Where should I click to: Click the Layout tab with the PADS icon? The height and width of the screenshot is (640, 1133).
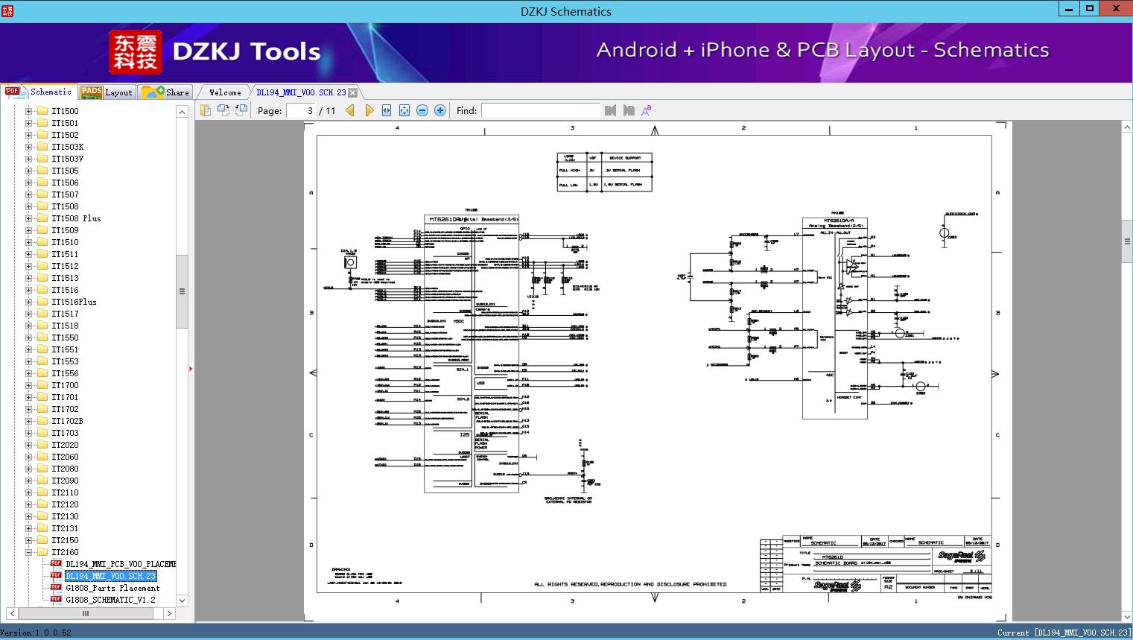coord(107,92)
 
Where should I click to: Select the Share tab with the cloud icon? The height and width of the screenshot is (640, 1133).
coord(166,92)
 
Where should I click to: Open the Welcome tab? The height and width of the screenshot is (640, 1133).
coord(225,92)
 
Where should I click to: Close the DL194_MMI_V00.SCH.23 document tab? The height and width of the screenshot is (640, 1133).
coord(353,92)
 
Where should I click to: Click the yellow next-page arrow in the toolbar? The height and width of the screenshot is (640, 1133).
coord(369,110)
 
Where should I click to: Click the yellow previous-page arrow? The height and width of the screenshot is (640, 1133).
coord(350,110)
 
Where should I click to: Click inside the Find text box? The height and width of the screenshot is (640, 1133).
coord(540,110)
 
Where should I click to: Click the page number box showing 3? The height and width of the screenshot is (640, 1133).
coord(301,110)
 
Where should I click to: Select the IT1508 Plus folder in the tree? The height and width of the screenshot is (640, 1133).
coord(76,218)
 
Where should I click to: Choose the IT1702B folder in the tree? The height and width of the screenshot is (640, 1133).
coord(67,421)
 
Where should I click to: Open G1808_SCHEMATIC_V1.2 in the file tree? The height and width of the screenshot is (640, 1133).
coord(110,600)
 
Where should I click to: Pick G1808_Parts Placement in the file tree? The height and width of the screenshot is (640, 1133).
coord(112,588)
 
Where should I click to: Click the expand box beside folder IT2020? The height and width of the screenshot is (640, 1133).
coord(29,445)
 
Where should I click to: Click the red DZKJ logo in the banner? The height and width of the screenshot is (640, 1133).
coord(136,52)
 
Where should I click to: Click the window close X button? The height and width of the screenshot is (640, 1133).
coord(1116,9)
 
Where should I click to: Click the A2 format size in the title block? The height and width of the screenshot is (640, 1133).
coord(888,587)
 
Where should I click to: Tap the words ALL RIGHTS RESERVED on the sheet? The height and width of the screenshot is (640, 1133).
coord(565,584)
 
